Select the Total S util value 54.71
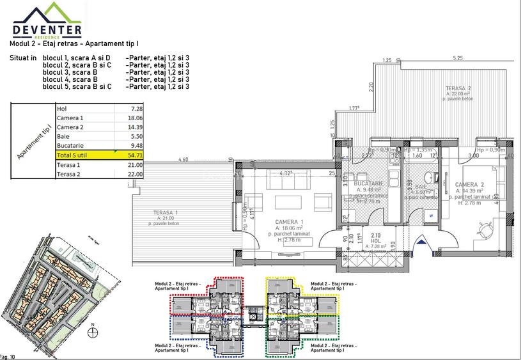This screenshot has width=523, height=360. tap(134, 154)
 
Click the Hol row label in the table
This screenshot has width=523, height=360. tap(62, 109)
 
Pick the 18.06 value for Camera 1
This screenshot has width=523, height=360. tap(134, 118)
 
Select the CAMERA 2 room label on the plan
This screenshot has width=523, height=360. tap(469, 184)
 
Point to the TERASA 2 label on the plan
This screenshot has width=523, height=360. tap(458, 88)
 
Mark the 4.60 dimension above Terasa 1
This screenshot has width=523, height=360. tap(183, 160)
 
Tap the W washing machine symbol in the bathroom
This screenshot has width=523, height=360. tap(431, 215)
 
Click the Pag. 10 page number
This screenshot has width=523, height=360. tap(8, 356)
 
